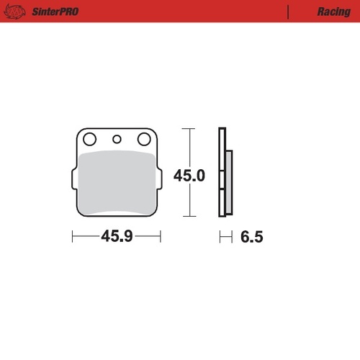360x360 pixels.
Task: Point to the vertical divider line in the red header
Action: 288,12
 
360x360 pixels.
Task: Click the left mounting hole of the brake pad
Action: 89,139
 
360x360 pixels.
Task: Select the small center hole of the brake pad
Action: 116,139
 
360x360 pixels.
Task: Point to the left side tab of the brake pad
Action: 74,178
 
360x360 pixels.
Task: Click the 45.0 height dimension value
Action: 190,175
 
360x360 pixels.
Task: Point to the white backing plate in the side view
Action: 222,173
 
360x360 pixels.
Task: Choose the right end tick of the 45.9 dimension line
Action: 160,236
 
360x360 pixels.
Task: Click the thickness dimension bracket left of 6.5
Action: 225,236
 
